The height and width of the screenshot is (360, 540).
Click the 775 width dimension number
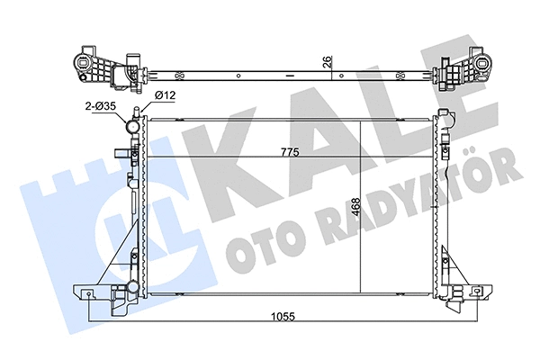point(289,151)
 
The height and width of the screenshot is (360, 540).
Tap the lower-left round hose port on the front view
point(132,288)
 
